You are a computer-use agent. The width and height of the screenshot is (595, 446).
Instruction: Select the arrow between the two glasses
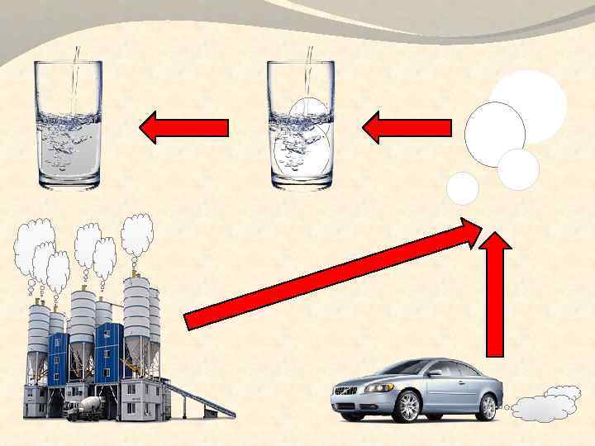pyautogui.click(x=183, y=127)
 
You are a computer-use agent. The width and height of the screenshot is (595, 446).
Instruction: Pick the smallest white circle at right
pyautogui.click(x=463, y=189)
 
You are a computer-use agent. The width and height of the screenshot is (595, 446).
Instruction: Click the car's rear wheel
pyautogui.click(x=485, y=406)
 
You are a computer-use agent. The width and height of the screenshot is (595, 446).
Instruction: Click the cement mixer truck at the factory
pyautogui.click(x=83, y=408)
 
